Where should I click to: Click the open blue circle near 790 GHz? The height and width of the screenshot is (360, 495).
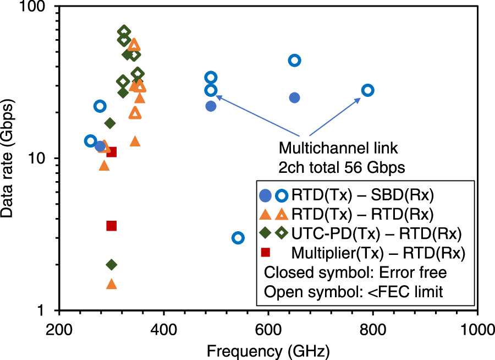(367, 90)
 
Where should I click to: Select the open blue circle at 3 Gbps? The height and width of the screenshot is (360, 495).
(238, 238)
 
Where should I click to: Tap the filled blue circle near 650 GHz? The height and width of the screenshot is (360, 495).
(295, 97)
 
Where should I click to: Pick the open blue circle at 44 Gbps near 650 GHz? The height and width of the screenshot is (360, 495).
(295, 61)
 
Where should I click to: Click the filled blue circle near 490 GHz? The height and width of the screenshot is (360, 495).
(211, 106)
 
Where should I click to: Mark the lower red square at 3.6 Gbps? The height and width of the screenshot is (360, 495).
(112, 226)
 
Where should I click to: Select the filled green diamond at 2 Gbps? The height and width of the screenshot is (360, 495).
(112, 265)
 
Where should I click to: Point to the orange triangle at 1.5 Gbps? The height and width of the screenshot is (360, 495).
(112, 284)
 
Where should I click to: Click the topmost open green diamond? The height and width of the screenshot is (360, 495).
(124, 32)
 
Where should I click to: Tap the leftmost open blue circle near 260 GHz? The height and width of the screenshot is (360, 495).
(91, 141)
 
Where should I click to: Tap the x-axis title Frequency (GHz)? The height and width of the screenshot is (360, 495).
(268, 350)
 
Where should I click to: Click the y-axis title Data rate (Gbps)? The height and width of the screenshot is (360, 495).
(10, 159)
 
